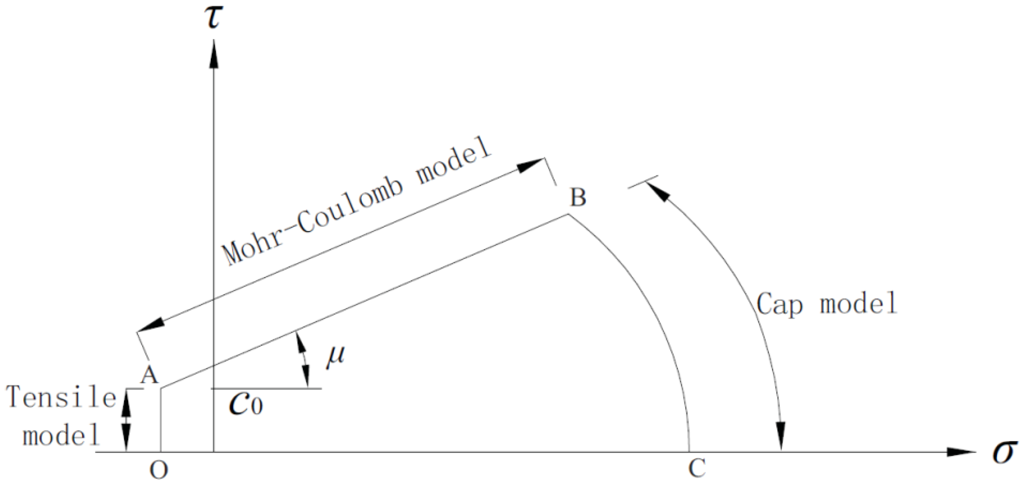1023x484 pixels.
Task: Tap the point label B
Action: pyautogui.click(x=578, y=197)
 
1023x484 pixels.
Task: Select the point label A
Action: pyautogui.click(x=149, y=374)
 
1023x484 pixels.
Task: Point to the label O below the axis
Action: pyautogui.click(x=159, y=471)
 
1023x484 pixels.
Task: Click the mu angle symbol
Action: pyautogui.click(x=335, y=357)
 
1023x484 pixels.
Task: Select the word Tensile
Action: pyautogui.click(x=61, y=398)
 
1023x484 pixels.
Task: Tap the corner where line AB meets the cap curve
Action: pyautogui.click(x=568, y=214)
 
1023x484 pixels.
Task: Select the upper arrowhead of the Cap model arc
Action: pyautogui.click(x=656, y=192)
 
